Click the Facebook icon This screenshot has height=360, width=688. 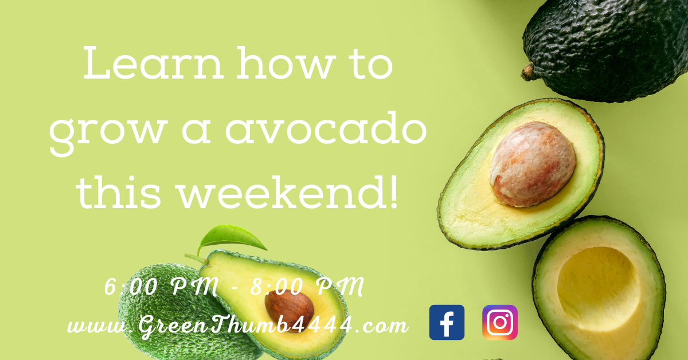tap(447, 323)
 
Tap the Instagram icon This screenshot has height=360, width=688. tap(500, 323)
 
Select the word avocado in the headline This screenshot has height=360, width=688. tap(326, 129)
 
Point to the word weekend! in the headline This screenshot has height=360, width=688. tap(288, 193)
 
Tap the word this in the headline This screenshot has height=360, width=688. tap(119, 193)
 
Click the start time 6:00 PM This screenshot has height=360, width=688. tap(162, 287)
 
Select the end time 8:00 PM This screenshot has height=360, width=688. tap(307, 287)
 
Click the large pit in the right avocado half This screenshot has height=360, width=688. tap(532, 164)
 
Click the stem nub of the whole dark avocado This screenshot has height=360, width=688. tap(528, 72)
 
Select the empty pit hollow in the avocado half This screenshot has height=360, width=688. tap(599, 289)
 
